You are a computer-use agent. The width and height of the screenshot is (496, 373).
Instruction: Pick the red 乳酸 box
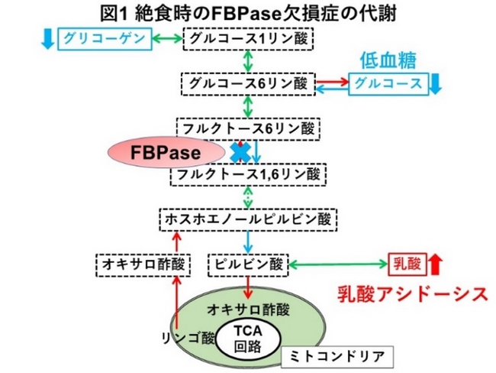pyautogui.click(x=406, y=264)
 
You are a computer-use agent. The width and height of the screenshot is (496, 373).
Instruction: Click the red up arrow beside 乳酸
pyautogui.click(x=435, y=264)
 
